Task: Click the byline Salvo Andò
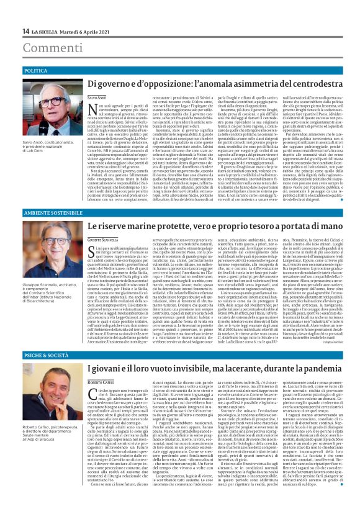(x=97, y=98)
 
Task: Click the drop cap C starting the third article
(x=91, y=391)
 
